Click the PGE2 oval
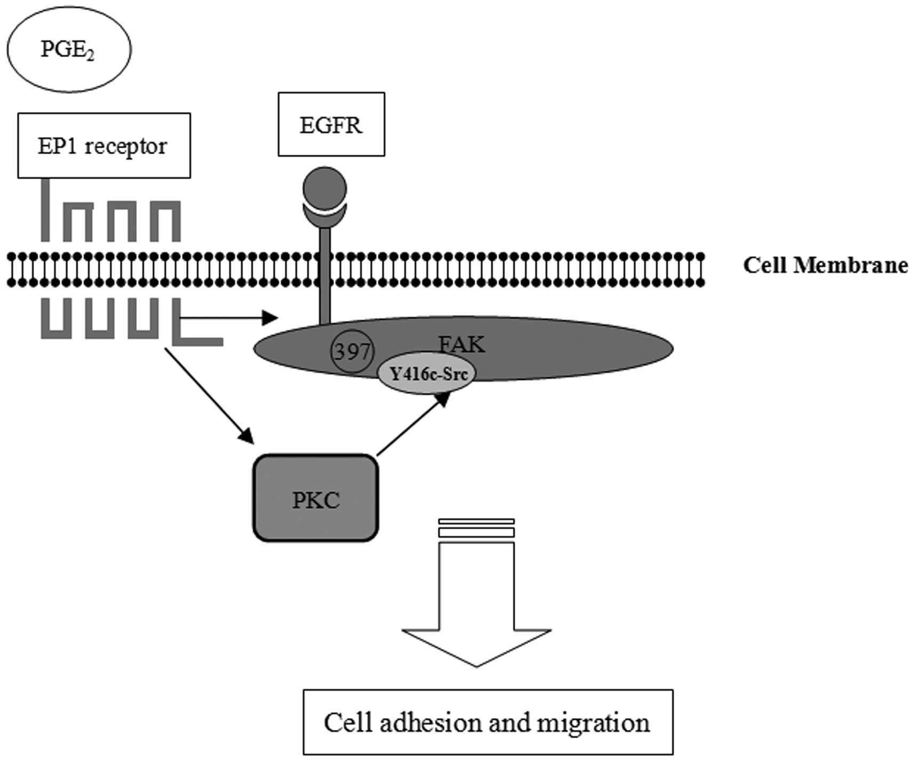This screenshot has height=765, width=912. [x=69, y=50]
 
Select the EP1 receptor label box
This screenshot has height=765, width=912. [x=104, y=145]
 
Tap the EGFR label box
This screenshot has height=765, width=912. [x=331, y=124]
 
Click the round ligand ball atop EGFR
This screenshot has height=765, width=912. [x=325, y=188]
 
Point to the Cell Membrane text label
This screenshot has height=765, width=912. [x=825, y=265]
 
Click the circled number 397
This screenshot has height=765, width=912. [x=353, y=352]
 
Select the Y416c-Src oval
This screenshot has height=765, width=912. [x=427, y=373]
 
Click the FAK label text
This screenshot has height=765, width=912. [x=462, y=345]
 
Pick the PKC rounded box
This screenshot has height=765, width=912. [x=316, y=498]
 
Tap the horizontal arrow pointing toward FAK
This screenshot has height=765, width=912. [x=229, y=318]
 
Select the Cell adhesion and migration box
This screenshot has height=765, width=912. [x=488, y=722]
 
